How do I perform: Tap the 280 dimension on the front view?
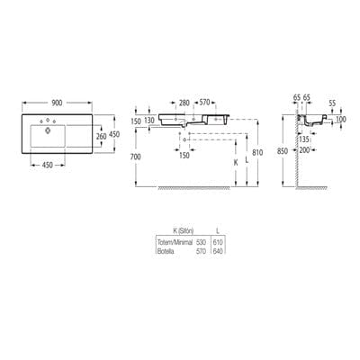(x=184, y=103)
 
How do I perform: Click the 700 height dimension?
(x=136, y=156)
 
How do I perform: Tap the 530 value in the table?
(x=202, y=243)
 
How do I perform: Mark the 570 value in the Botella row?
(x=202, y=250)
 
